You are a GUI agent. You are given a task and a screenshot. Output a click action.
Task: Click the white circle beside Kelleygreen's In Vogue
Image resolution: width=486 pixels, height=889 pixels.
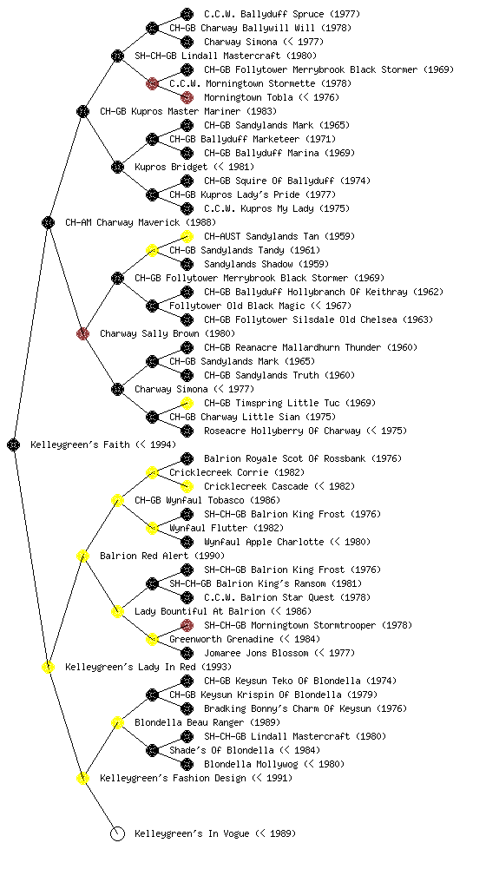(117, 833)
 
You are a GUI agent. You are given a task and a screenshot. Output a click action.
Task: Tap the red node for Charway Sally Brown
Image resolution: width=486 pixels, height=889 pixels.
(82, 333)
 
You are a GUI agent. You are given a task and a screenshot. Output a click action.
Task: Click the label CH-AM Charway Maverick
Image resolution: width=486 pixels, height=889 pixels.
(122, 222)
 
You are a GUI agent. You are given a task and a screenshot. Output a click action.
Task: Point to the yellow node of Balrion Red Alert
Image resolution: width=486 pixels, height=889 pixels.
(82, 556)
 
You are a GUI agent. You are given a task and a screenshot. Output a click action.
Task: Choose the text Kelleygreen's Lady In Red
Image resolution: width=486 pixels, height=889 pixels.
(130, 667)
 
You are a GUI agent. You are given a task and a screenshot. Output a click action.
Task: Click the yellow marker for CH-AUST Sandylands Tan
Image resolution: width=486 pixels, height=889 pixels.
(187, 236)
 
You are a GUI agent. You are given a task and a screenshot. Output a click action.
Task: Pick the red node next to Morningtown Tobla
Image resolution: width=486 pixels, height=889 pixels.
(187, 97)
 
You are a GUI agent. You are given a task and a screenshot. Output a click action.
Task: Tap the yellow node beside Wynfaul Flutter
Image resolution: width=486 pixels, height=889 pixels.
(152, 528)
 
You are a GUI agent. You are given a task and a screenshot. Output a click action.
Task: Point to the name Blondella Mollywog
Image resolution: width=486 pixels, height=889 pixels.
(251, 764)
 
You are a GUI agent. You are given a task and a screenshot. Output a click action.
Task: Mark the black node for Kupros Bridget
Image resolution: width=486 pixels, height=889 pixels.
(117, 167)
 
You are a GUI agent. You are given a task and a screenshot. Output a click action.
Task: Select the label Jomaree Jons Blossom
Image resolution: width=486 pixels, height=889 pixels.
(256, 653)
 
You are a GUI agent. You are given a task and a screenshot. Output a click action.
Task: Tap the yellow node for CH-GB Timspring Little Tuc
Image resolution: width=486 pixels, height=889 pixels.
(187, 403)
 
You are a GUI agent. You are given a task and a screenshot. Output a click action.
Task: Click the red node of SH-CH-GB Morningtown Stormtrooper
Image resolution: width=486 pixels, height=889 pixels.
(187, 625)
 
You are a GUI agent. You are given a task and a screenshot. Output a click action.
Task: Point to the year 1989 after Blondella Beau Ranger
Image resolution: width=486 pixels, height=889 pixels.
(265, 722)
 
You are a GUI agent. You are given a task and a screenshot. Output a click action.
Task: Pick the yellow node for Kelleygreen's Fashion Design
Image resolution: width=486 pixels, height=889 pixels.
(82, 778)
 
